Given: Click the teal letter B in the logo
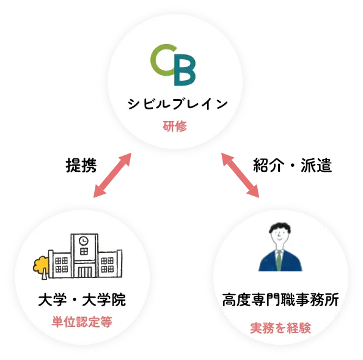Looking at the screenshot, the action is click(185, 70).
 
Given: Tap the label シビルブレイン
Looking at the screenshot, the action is click(178, 104).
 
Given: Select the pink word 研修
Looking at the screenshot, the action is click(175, 126).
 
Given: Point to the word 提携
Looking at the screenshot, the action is click(81, 165).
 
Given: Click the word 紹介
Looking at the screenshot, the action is click(268, 165).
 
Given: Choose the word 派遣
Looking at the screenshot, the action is click(316, 165).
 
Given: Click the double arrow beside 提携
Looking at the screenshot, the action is click(112, 175).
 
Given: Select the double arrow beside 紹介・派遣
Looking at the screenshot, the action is click(240, 175).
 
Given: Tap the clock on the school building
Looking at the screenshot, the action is click(84, 241).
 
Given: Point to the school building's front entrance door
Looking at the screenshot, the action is click(84, 271).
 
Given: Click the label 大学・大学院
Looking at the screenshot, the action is click(82, 299).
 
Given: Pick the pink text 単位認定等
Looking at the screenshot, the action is click(82, 322).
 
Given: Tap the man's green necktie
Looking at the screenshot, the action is click(279, 260).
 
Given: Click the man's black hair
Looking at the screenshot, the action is click(280, 227).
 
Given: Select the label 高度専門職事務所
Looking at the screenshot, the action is click(280, 299).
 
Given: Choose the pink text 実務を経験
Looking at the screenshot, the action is click(280, 328).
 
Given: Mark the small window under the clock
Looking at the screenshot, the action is click(84, 251).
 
